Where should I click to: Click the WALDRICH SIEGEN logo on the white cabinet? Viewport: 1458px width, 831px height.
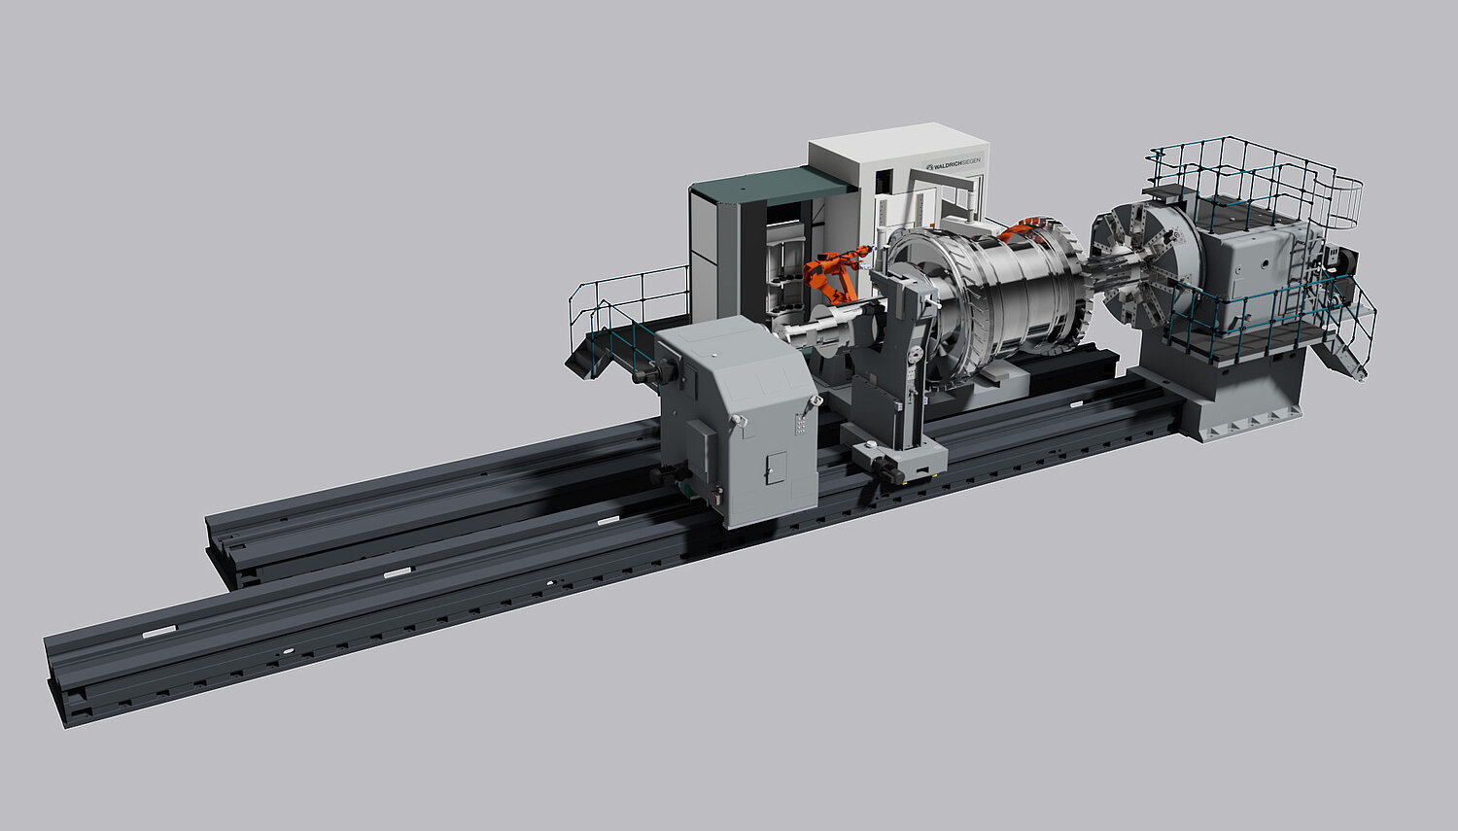pyautogui.click(x=953, y=162)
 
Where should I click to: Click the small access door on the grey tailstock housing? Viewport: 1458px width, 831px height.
pyautogui.click(x=776, y=467)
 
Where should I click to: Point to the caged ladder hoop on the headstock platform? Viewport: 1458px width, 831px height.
pyautogui.click(x=1344, y=202)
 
